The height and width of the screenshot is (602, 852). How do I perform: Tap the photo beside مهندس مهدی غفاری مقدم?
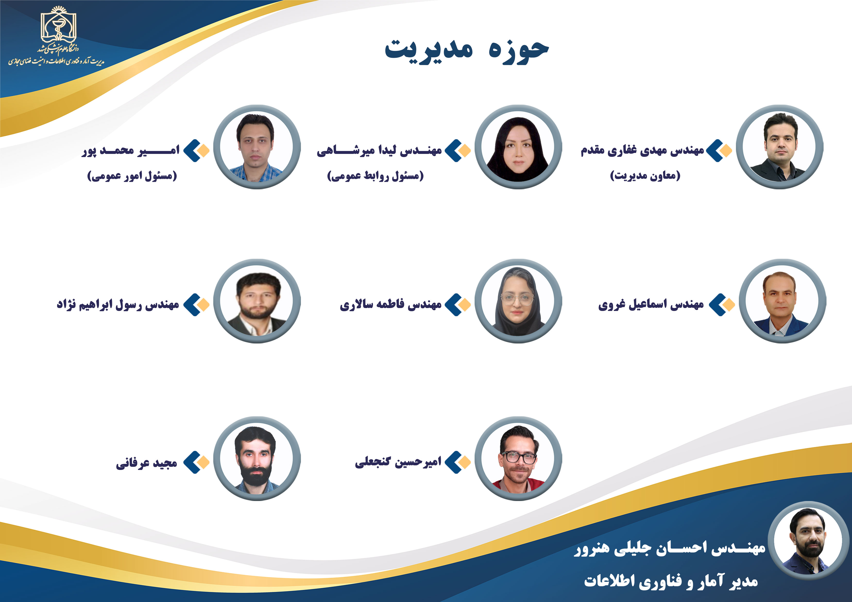[780, 147]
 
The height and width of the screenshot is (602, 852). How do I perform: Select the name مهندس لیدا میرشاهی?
[379, 150]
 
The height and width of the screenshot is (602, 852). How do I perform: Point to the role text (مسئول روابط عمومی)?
[375, 176]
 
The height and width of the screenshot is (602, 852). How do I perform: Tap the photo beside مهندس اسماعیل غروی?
[782, 301]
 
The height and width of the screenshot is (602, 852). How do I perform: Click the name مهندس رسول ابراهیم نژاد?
[118, 305]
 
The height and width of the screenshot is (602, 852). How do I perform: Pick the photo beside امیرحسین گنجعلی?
[518, 459]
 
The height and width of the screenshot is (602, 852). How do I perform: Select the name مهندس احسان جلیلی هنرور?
[670, 548]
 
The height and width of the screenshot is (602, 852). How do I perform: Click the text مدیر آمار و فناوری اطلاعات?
[671, 581]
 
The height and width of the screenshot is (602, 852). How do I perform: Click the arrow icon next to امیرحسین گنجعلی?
[458, 462]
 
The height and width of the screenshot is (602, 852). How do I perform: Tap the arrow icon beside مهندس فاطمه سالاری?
[458, 305]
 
